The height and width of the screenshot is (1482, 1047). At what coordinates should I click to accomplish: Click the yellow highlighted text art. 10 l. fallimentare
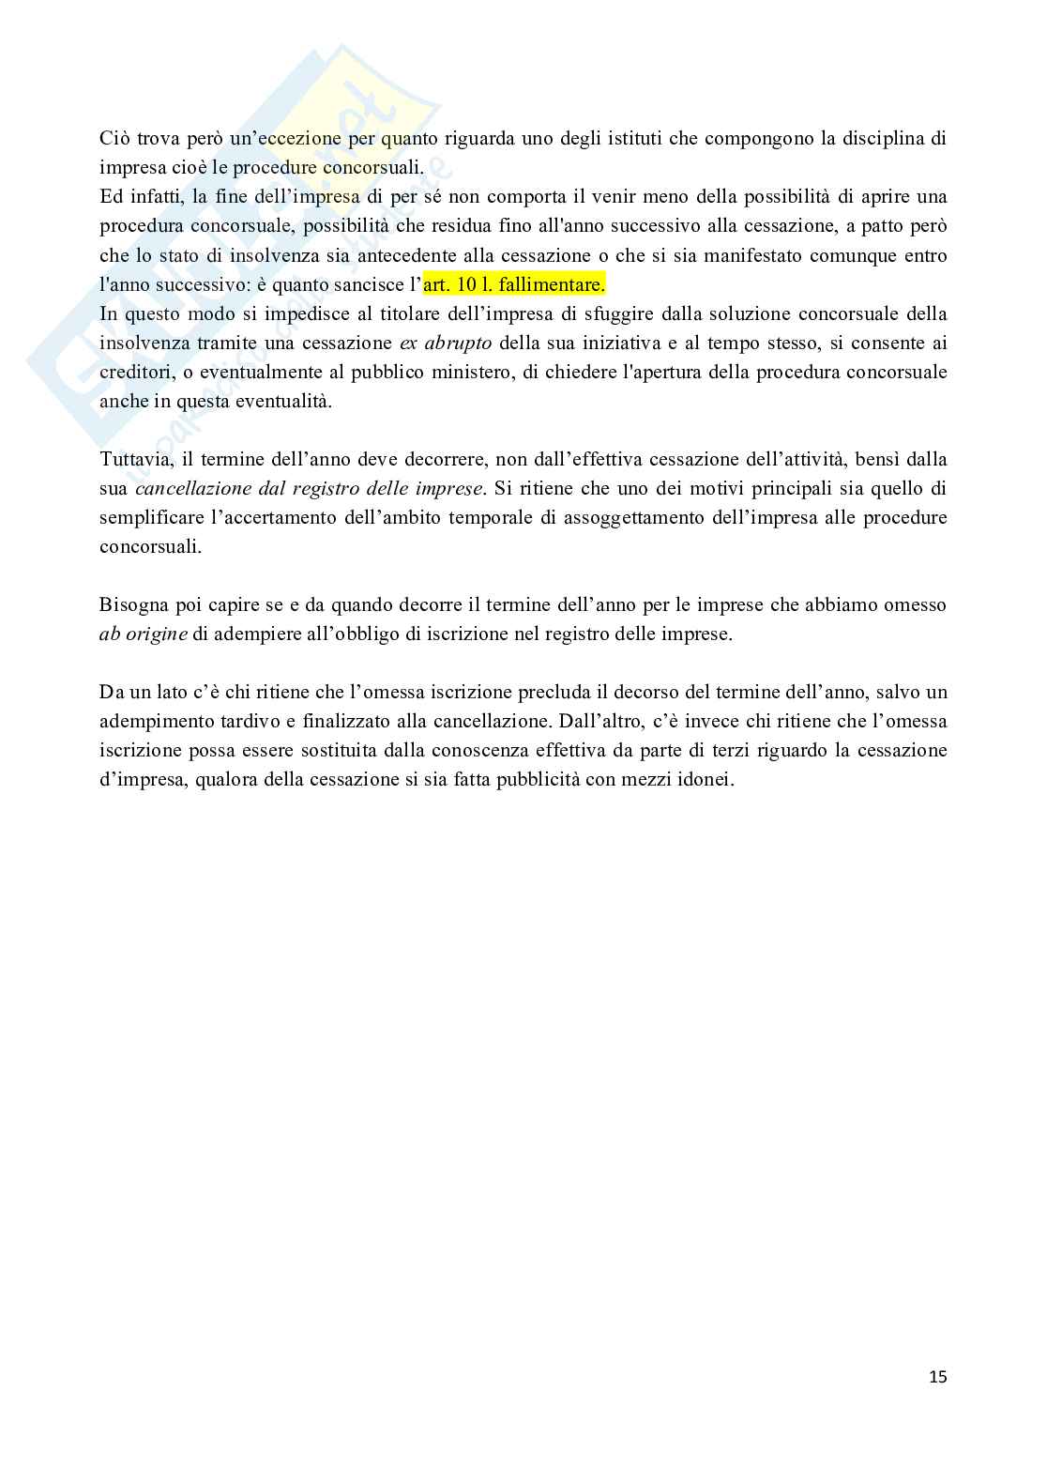[x=514, y=284]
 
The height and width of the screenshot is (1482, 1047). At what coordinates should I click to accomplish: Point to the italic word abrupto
[x=460, y=343]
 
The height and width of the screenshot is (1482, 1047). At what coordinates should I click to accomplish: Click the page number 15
[x=937, y=1377]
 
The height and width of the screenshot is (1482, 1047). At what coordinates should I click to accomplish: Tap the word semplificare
[x=151, y=518]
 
